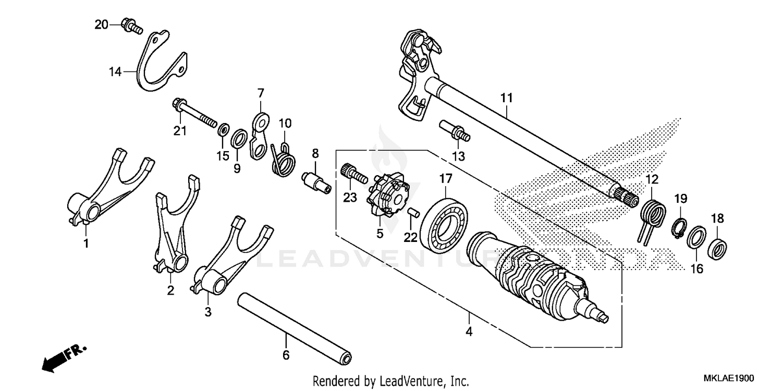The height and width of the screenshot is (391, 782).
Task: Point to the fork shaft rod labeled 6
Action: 295,328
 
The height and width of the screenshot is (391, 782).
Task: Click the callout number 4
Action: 469,332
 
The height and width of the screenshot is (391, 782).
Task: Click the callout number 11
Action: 506,97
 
